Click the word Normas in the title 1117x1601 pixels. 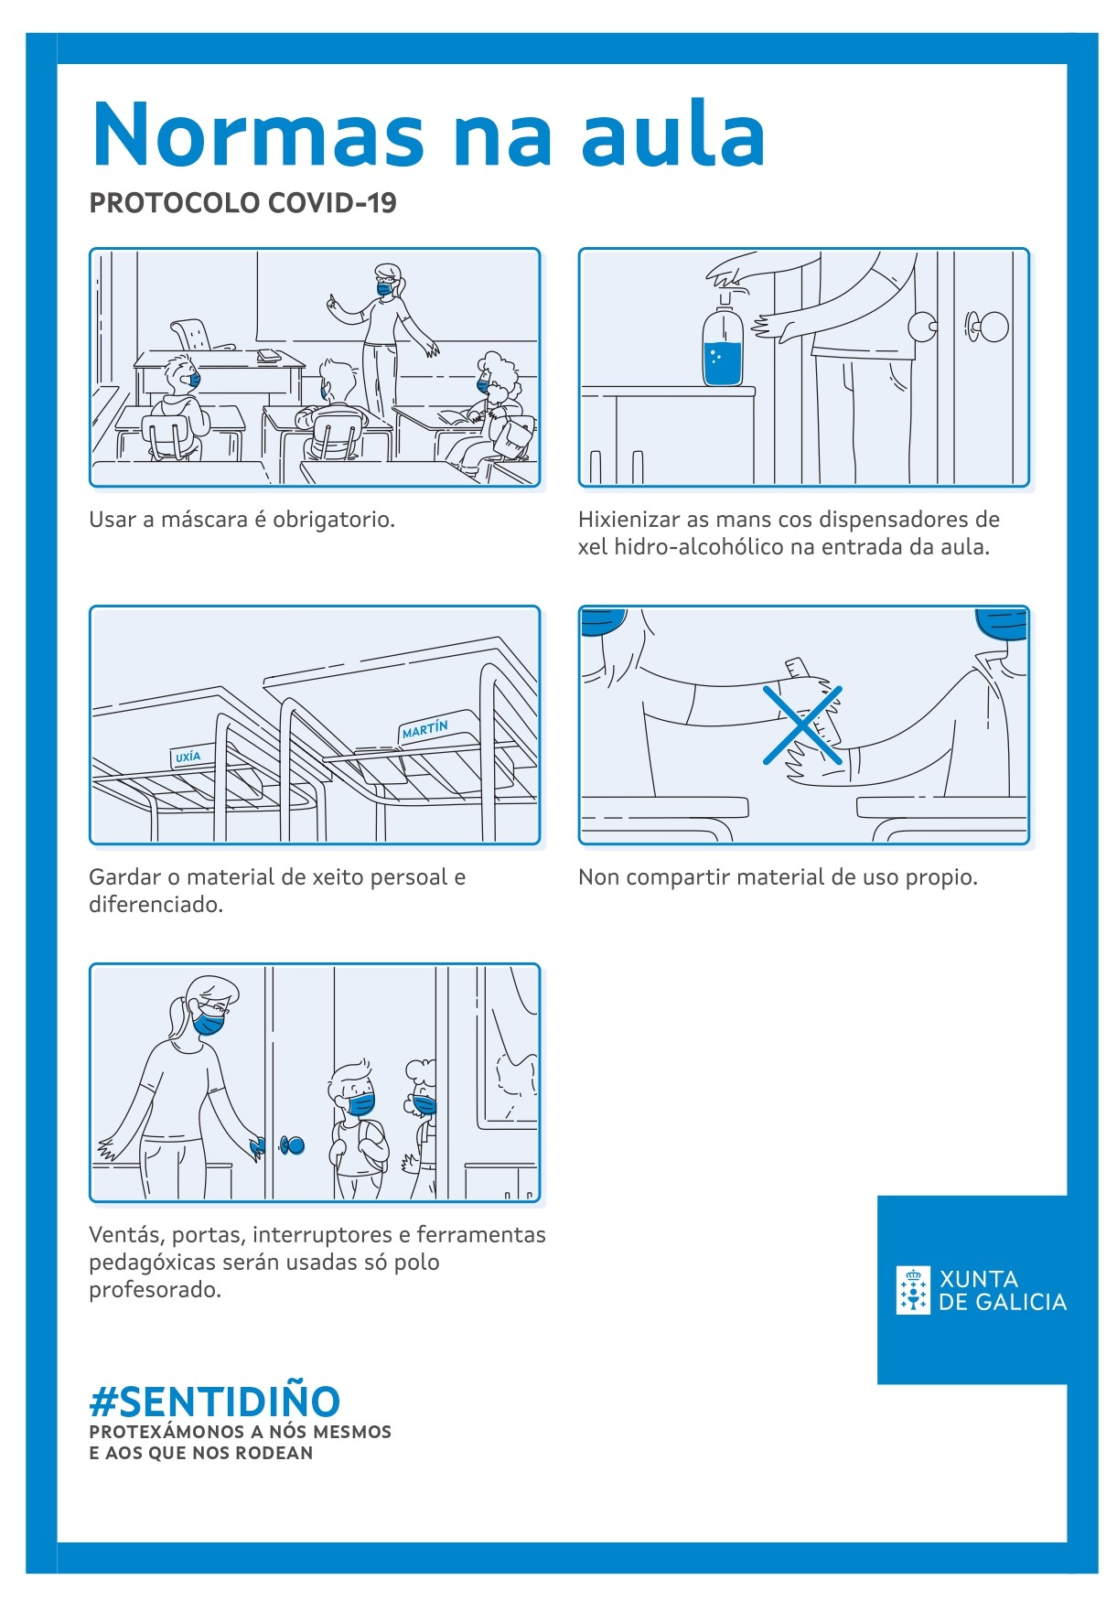tap(258, 135)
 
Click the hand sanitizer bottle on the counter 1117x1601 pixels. tap(723, 349)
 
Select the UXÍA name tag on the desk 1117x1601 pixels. tap(188, 757)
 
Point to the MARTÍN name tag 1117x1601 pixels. tap(424, 729)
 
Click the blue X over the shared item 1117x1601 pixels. tap(802, 725)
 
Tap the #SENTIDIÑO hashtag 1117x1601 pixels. tap(215, 1401)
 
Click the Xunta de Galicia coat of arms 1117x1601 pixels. tap(913, 1290)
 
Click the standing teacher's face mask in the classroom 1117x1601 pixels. tap(385, 288)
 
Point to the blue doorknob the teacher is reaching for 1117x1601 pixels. tap(293, 1144)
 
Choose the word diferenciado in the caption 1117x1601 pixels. tap(156, 905)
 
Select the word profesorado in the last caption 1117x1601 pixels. tap(155, 1290)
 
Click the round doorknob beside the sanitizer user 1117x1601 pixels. tap(922, 326)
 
